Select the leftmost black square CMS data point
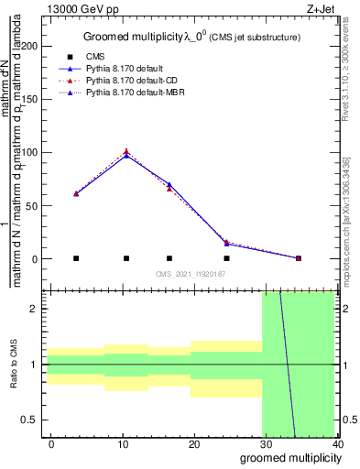point(76,258)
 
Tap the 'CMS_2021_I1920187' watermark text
point(190,274)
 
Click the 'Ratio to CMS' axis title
point(13,365)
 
